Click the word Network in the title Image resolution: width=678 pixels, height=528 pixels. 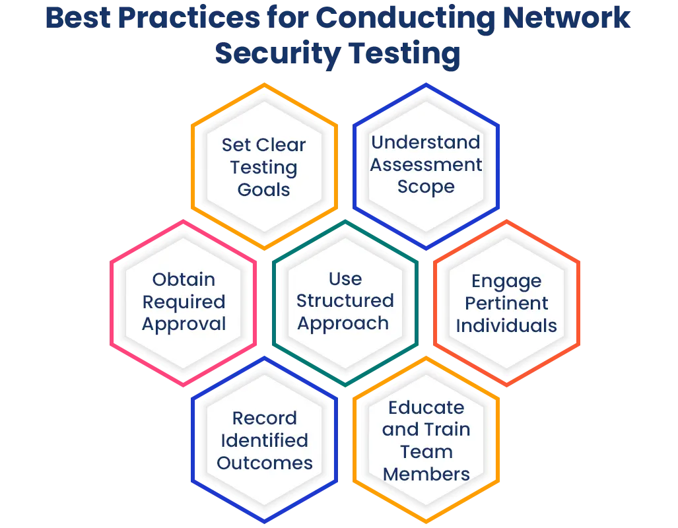pos(566,18)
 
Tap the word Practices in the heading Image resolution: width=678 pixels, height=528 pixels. pos(189,18)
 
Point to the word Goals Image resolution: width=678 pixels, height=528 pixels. pos(264,189)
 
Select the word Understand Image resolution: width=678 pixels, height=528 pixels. pos(426,142)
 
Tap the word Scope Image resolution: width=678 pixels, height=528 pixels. pos(426,187)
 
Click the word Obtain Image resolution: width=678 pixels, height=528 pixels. pos(184,279)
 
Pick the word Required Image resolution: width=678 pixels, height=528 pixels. pos(184,302)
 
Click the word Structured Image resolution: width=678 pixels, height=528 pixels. pos(345,300)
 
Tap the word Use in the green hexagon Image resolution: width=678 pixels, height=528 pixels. pos(345,279)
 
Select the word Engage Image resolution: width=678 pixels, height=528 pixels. pos(506,282)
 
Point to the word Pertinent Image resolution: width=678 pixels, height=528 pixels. pos(506,303)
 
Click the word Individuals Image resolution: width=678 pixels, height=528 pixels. pos(506,325)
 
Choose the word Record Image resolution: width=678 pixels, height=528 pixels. pos(265,418)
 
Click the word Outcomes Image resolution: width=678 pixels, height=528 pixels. pos(265,463)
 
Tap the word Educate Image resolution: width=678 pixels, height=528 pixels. pos(426,407)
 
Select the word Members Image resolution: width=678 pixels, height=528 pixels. pos(426,475)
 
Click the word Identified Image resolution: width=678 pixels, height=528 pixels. pos(265,441)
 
